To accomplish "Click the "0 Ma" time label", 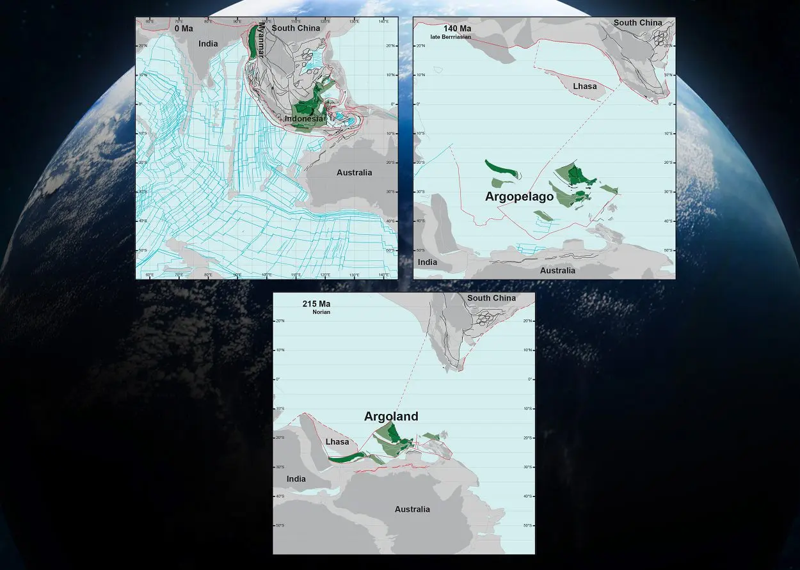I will point(184,29).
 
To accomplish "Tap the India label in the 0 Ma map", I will point(208,44).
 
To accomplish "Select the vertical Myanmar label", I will point(260,42).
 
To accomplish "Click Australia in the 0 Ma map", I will point(354,173).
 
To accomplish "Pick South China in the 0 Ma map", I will point(296,28).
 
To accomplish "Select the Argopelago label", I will point(519,197).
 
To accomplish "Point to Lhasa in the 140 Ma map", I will point(584,86).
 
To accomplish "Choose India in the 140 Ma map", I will point(428,262).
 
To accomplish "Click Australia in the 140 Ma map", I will point(557,271).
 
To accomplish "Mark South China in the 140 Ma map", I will point(637,23).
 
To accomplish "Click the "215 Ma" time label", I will point(316,304).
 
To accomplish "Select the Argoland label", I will point(391,417).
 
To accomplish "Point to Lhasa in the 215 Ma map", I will point(337,442).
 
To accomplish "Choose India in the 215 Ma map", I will point(296,479).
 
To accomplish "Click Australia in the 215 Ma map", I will point(412,510).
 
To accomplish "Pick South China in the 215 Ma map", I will point(491,298).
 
